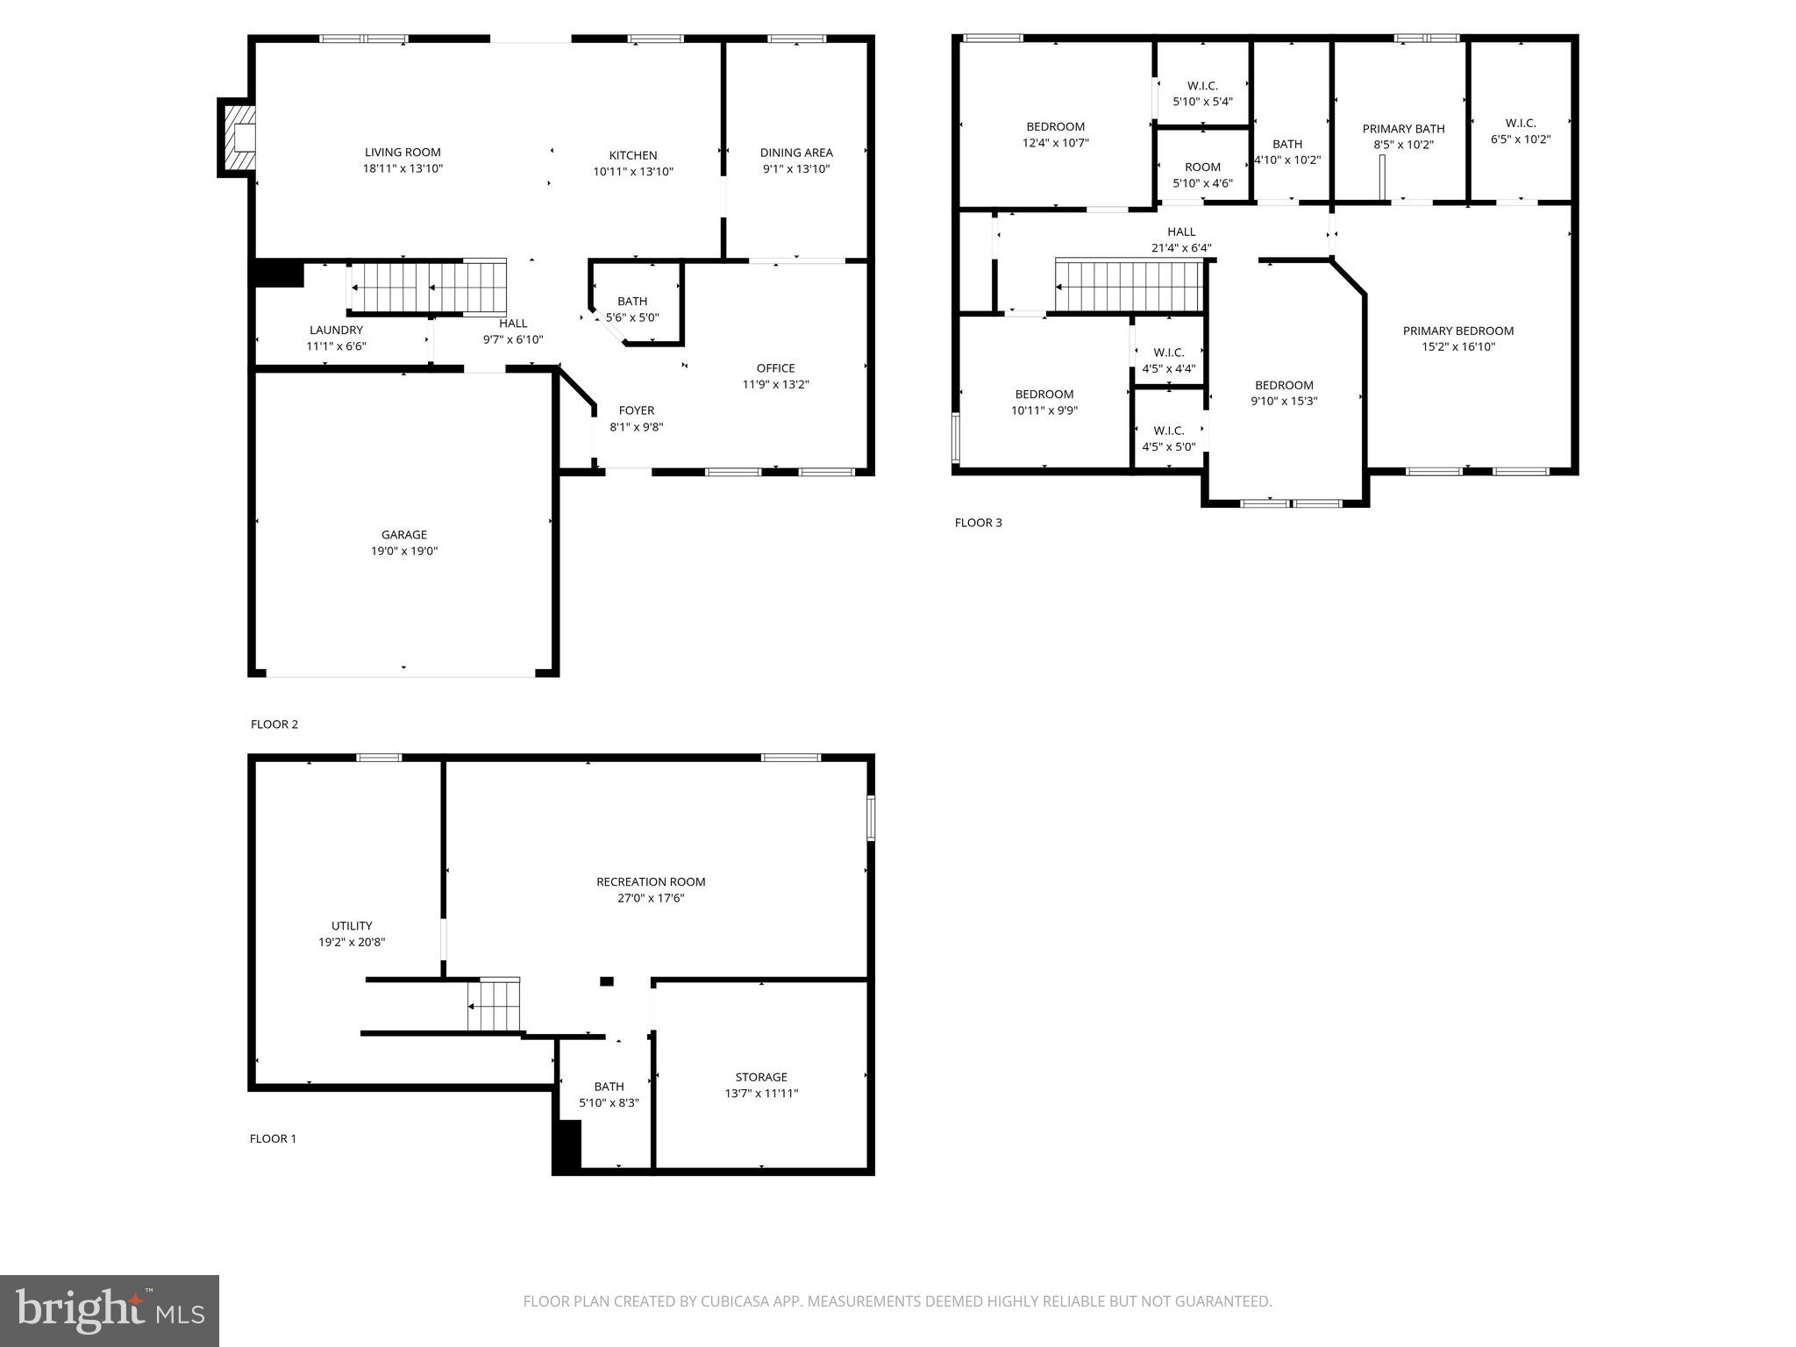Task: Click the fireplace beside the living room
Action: (x=238, y=138)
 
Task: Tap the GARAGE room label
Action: (x=403, y=534)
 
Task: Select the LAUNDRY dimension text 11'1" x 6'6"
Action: (x=336, y=346)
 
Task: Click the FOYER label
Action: (x=636, y=410)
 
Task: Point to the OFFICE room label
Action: (x=775, y=368)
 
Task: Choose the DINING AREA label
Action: (x=796, y=153)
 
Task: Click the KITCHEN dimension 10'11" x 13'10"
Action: (x=632, y=172)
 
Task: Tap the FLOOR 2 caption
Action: (x=274, y=724)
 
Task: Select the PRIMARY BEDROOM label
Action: (x=1457, y=331)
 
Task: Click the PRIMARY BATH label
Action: (x=1403, y=129)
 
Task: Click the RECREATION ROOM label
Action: (x=651, y=882)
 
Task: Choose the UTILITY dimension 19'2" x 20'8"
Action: (x=352, y=943)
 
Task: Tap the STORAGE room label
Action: (x=761, y=1077)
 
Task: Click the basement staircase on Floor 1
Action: (x=495, y=1005)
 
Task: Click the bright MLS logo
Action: (x=110, y=1310)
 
